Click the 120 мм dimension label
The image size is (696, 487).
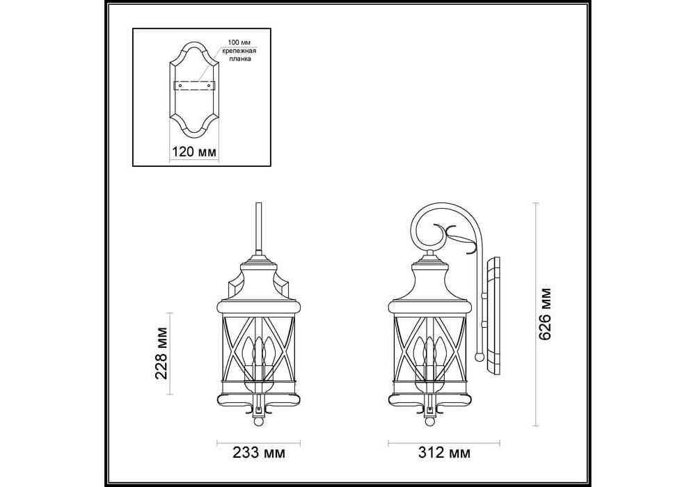(x=194, y=152)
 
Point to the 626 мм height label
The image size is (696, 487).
(x=544, y=314)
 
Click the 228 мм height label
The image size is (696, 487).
(x=161, y=353)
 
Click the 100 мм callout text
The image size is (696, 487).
(x=239, y=42)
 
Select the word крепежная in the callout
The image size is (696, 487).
(x=239, y=51)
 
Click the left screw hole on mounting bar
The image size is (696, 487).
(x=181, y=86)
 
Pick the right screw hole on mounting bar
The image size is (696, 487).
(x=209, y=86)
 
